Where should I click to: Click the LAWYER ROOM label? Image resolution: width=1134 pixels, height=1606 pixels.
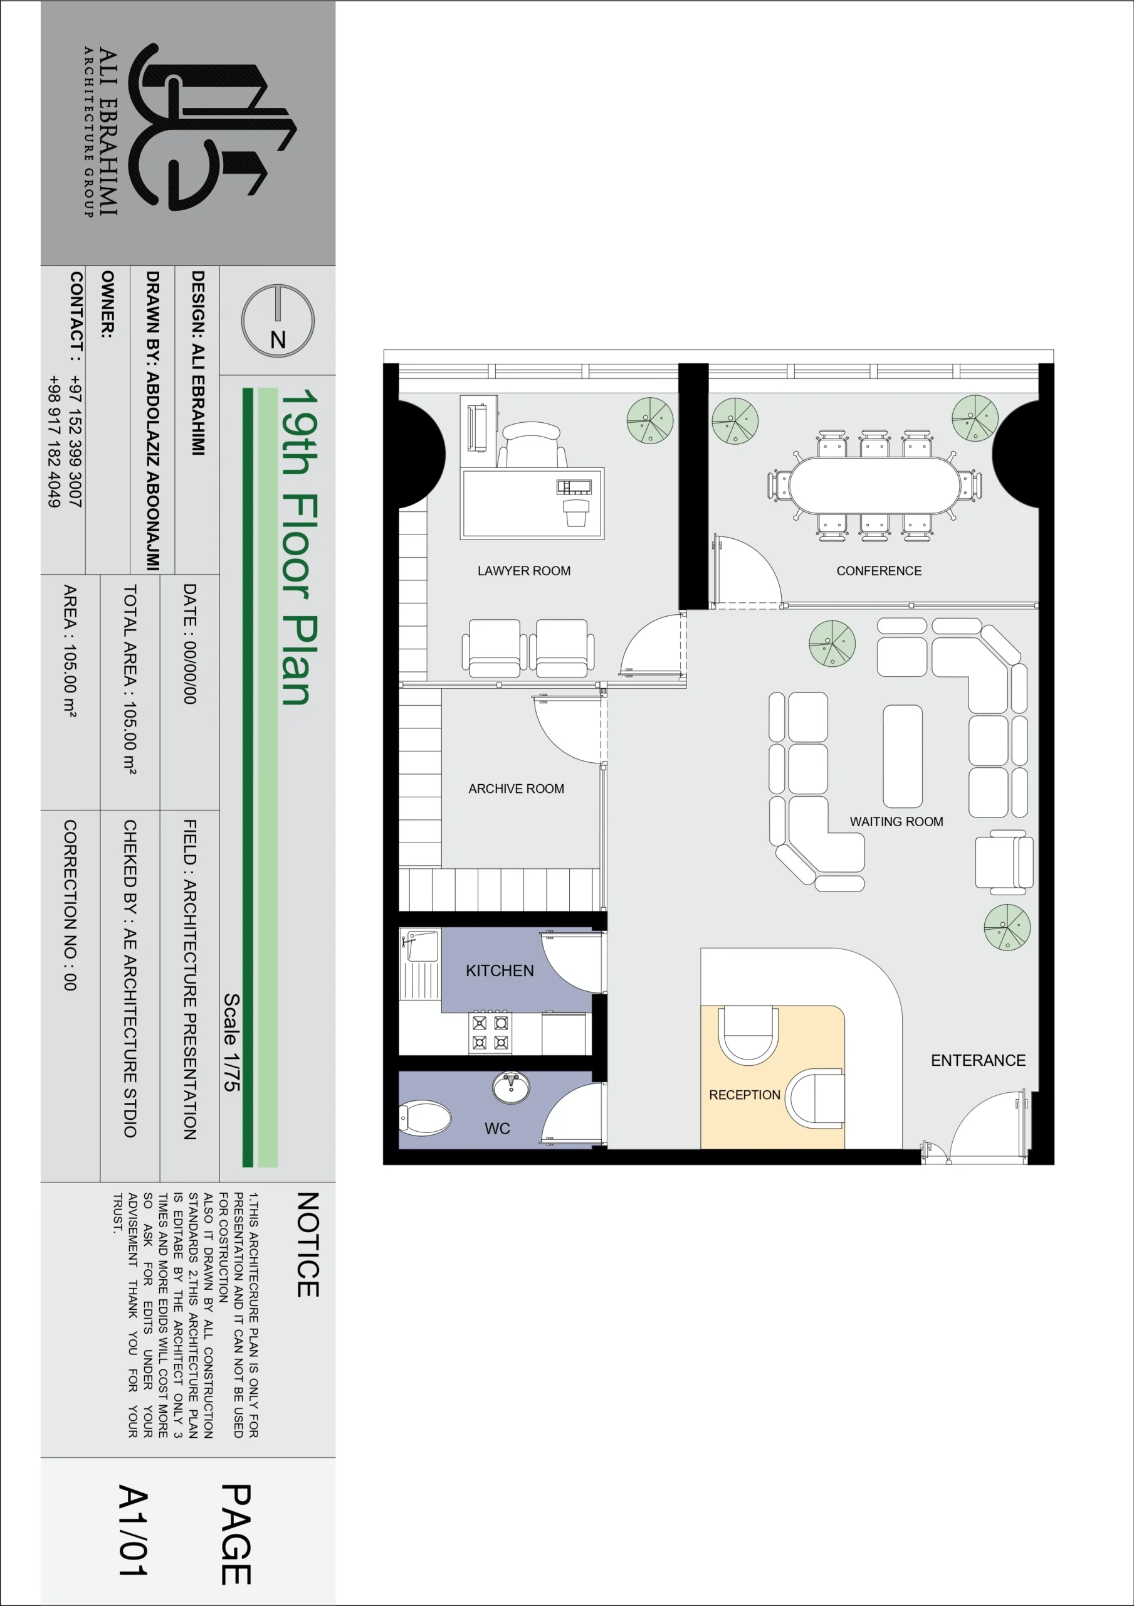[x=523, y=571]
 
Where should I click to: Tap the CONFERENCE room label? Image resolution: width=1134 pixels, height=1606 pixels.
[x=879, y=571]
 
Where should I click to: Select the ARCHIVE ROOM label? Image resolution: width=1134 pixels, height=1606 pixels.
[x=516, y=789]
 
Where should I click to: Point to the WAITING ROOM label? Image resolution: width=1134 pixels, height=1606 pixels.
[x=896, y=821]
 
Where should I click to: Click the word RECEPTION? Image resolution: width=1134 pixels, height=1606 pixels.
[x=745, y=1095]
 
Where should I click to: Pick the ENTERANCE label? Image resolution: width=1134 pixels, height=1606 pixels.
[x=978, y=1060]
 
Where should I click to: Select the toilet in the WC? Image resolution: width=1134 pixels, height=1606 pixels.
[x=424, y=1119]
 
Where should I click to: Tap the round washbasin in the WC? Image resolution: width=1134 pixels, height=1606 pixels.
[x=511, y=1088]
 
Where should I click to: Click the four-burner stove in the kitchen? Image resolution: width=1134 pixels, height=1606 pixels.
[x=490, y=1033]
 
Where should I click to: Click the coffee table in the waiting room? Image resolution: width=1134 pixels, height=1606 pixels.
[x=903, y=756]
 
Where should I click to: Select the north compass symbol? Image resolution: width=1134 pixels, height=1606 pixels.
[x=278, y=321]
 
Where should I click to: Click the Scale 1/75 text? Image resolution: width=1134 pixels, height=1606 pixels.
[x=231, y=1041]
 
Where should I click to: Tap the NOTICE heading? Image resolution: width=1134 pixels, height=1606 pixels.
[x=308, y=1245]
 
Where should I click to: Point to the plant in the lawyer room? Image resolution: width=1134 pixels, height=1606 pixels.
[x=649, y=420]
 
